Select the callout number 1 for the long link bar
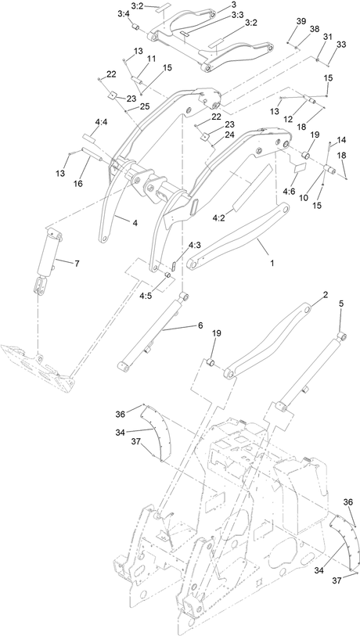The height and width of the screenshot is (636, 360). click(x=272, y=264)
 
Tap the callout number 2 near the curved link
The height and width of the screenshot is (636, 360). click(x=325, y=296)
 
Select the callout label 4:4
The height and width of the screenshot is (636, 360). click(x=101, y=122)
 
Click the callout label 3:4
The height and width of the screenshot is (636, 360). click(x=124, y=14)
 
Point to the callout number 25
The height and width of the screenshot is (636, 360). click(x=145, y=106)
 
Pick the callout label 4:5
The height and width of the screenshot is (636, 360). click(x=146, y=296)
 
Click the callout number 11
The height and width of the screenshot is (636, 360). click(x=150, y=59)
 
